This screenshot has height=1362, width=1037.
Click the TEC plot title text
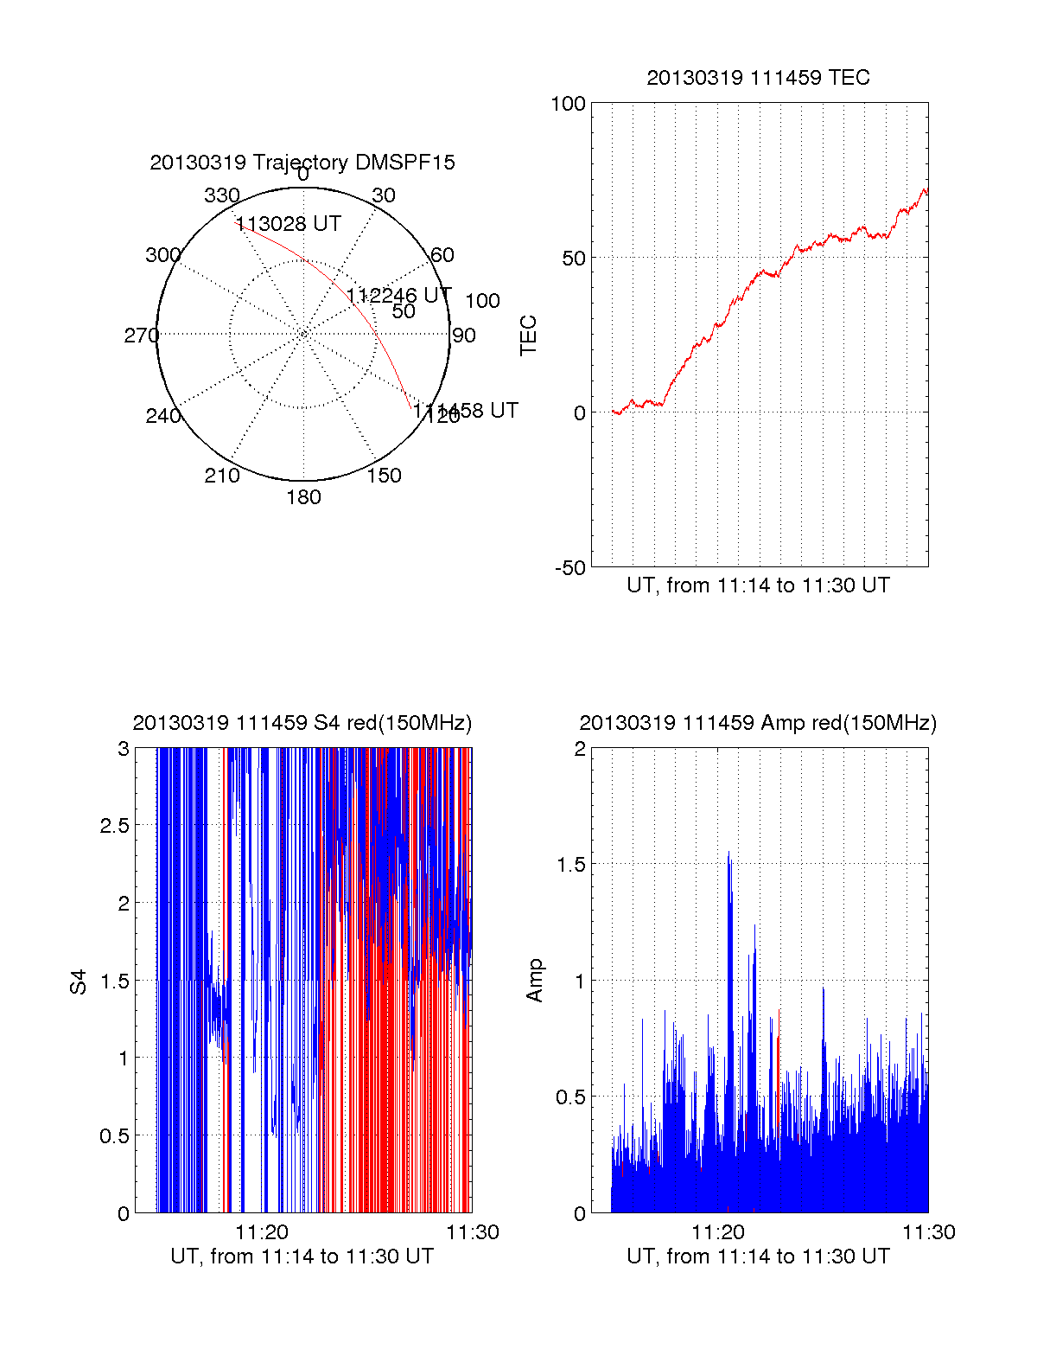[x=758, y=78]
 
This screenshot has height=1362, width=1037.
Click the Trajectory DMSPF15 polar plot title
[x=302, y=163]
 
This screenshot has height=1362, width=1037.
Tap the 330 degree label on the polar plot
[x=222, y=195]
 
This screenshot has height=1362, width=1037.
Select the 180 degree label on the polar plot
[x=303, y=497]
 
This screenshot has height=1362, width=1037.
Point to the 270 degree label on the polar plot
[x=141, y=336]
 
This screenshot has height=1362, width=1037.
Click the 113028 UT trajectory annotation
[x=289, y=224]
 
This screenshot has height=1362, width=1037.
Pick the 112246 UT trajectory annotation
[x=398, y=296]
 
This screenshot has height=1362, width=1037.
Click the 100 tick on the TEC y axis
[x=568, y=104]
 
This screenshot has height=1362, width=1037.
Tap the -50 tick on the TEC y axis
[x=569, y=568]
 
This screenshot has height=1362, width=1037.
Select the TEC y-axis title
[x=528, y=336]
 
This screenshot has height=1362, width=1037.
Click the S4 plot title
[x=302, y=723]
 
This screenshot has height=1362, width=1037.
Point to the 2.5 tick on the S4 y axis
[x=114, y=826]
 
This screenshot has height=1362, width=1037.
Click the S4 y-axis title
[x=79, y=982]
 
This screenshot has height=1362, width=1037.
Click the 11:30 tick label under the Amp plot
[x=929, y=1232]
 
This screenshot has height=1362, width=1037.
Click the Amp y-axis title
[x=535, y=981]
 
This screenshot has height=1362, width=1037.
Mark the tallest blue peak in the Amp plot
[x=728, y=853]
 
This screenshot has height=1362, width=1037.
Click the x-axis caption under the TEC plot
[x=758, y=585]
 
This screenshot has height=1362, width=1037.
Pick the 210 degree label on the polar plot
[x=222, y=475]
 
